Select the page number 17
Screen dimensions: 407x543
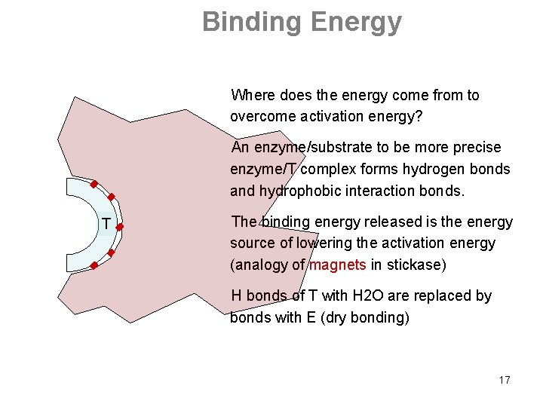pos(504,380)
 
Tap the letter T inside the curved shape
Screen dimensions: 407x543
pos(107,225)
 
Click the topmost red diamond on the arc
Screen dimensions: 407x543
pos(94,184)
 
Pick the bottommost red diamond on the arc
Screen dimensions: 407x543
pos(94,265)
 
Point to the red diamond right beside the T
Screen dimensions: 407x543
pos(120,225)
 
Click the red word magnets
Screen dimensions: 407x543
pos(337,265)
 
